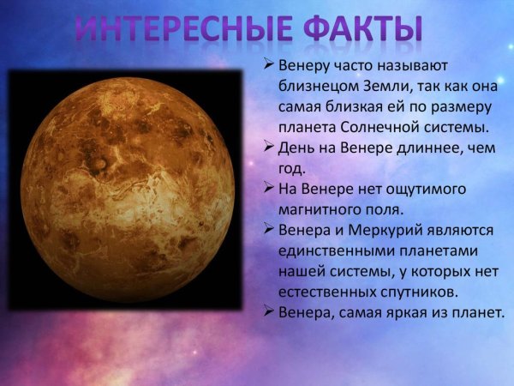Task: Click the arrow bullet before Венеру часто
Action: (269, 66)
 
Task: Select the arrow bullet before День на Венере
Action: (269, 148)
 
